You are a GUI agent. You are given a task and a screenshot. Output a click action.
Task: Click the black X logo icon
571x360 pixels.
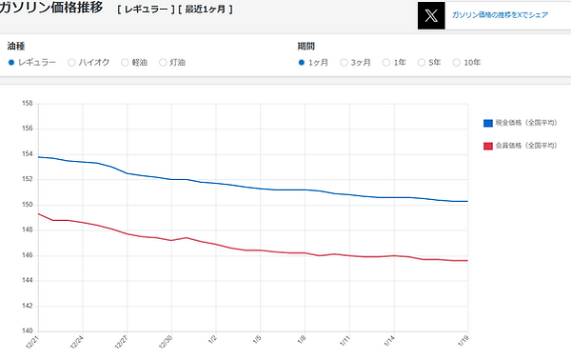(431, 15)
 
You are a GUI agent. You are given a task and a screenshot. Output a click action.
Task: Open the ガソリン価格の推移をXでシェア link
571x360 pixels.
(501, 16)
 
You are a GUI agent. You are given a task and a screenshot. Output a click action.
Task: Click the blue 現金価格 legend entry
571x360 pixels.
(525, 123)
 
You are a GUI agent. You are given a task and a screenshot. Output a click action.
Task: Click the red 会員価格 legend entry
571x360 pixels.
(525, 146)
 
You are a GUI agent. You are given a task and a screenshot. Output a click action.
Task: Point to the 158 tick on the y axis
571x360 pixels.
(27, 103)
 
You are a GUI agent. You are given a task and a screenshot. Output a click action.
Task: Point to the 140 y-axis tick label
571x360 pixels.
(27, 330)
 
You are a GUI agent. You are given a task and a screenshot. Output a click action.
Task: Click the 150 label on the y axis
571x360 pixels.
(27, 204)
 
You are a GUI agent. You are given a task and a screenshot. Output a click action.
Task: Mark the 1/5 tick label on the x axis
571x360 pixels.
(258, 341)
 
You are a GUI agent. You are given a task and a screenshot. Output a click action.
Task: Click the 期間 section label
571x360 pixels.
(305, 45)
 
